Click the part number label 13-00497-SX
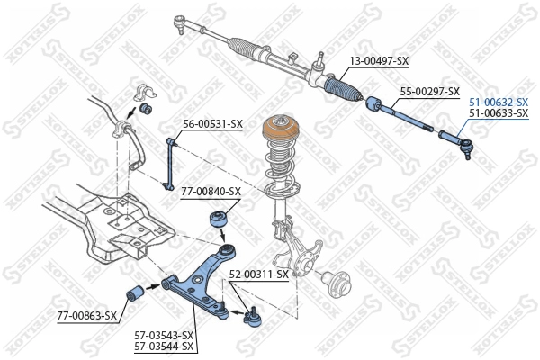tap(378, 61)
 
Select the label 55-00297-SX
tap(429, 92)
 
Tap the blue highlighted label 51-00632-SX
tap(498, 103)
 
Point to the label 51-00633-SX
tap(498, 113)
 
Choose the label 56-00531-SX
tap(213, 123)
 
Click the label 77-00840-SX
tap(211, 192)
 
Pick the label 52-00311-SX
tap(258, 274)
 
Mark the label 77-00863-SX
tap(87, 316)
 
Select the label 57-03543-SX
tap(164, 335)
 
